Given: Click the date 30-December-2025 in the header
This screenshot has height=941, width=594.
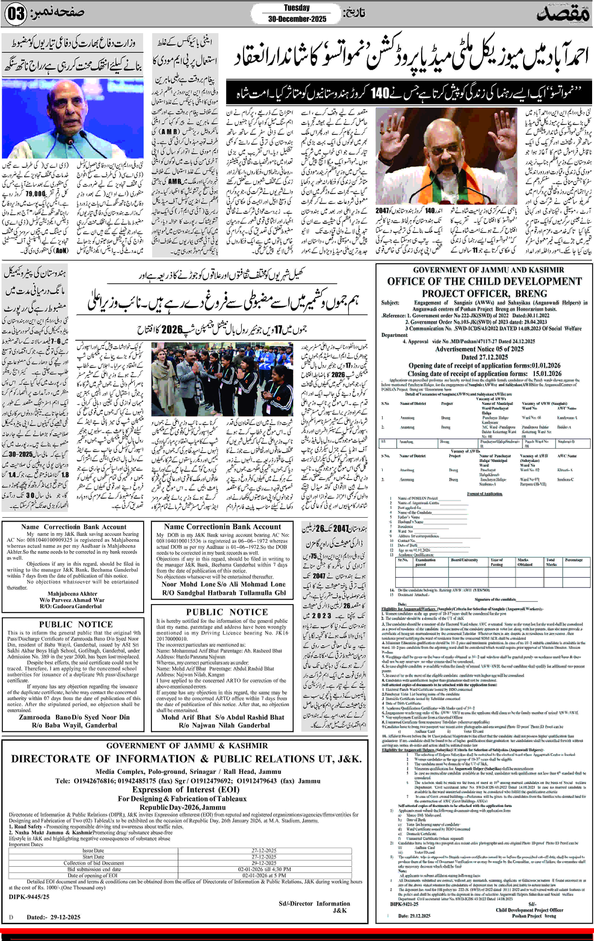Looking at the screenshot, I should click(297, 19).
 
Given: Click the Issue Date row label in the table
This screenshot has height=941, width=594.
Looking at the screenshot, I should click(93, 851).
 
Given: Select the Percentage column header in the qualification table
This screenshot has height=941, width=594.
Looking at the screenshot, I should click(574, 560).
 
